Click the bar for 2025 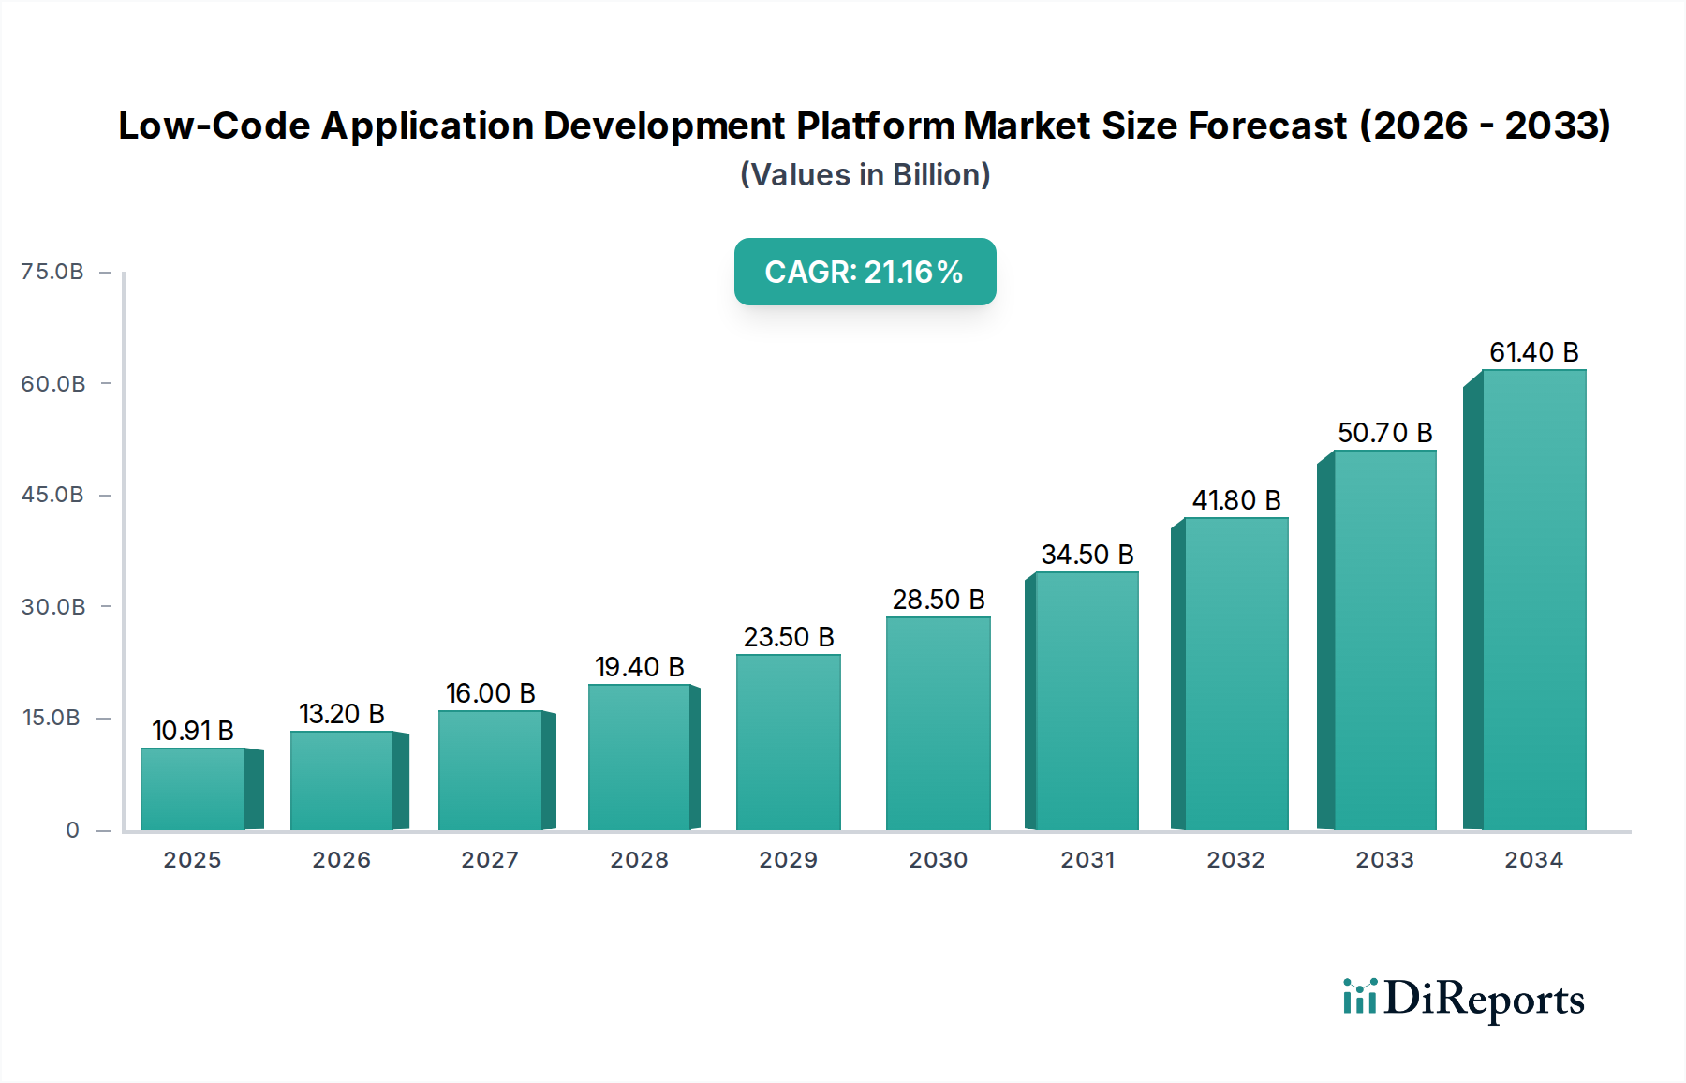(x=193, y=789)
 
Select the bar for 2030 (x=938, y=723)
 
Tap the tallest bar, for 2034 (x=1533, y=600)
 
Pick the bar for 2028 (x=640, y=757)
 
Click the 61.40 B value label (x=1533, y=352)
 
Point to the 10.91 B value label (x=193, y=731)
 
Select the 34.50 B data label (x=1087, y=555)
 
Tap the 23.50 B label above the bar (x=789, y=637)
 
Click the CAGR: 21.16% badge (x=865, y=272)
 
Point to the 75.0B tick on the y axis (x=52, y=272)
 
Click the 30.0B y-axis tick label (x=53, y=607)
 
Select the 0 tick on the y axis (x=72, y=830)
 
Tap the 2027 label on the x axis (x=490, y=860)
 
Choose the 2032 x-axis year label (x=1235, y=860)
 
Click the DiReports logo (x=1463, y=999)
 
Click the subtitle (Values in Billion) (x=865, y=175)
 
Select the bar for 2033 (x=1384, y=640)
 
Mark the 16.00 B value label (x=490, y=693)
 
